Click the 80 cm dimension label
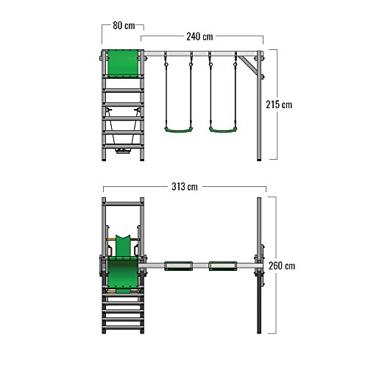click(124, 26)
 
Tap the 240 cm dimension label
click(199, 37)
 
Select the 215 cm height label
click(279, 105)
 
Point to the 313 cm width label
click(185, 187)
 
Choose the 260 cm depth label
click(282, 266)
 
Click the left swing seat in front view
click(178, 130)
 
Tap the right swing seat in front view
click(223, 130)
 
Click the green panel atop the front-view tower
click(123, 63)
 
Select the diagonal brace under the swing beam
click(248, 65)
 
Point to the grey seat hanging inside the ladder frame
click(123, 151)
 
